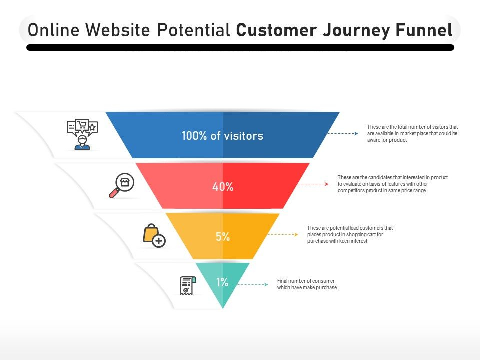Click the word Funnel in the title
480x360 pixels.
point(424,30)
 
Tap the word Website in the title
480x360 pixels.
point(119,30)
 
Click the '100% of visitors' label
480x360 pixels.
point(222,136)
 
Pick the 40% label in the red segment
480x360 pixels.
point(223,187)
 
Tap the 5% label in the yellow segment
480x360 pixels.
point(223,237)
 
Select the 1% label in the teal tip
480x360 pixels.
point(222,282)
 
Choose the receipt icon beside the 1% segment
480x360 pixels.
point(187,285)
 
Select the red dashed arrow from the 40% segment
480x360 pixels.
point(313,184)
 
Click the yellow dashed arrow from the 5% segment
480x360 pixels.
point(283,234)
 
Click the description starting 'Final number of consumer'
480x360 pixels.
point(307,284)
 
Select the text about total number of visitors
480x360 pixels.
point(412,134)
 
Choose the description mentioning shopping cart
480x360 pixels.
point(350,234)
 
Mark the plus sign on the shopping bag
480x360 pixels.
point(159,241)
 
